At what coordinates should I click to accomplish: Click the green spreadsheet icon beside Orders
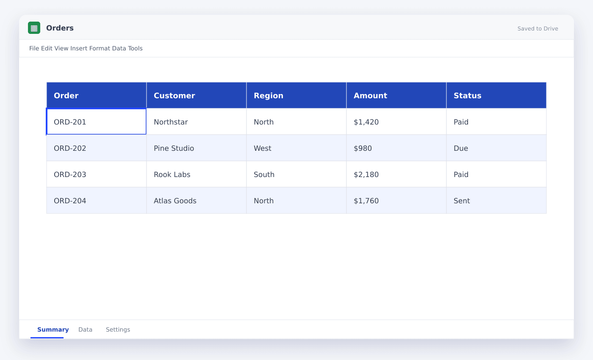coord(34,28)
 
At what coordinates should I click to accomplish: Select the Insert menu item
coord(79,48)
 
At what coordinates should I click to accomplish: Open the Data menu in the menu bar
coord(119,48)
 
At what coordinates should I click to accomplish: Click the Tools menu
coord(135,48)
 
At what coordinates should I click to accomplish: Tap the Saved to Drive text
coord(538,29)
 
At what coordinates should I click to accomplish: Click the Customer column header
coord(197,95)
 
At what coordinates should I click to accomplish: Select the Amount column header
coord(396,95)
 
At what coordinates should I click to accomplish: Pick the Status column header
coord(496,95)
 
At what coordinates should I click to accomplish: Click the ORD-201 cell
coord(97,122)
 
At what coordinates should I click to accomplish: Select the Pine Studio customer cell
coord(197,148)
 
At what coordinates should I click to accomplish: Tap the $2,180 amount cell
coord(396,174)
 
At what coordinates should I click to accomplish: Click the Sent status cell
coord(496,201)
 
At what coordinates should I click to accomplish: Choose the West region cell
coord(296,148)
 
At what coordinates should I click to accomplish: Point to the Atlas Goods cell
coord(197,201)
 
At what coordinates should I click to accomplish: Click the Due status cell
coord(496,148)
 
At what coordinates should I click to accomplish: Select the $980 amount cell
coord(396,148)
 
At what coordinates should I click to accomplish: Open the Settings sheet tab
coord(118,330)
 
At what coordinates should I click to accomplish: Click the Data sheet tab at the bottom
coord(85,330)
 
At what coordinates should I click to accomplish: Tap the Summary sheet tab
coord(53,330)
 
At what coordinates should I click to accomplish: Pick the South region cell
coord(296,174)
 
